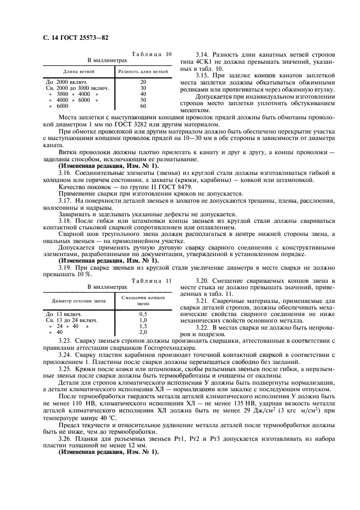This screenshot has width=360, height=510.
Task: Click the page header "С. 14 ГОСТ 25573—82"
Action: pos(72,38)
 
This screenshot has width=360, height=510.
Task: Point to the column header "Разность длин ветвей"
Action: pos(143,71)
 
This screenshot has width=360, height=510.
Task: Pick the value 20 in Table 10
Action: pos(143,82)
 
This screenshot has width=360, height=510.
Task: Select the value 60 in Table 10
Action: pos(143,106)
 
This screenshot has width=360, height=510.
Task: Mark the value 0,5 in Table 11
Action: pos(143,314)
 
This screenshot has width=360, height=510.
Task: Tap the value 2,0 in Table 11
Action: pos(143,332)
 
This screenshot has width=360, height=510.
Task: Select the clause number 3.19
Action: pos(65,268)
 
